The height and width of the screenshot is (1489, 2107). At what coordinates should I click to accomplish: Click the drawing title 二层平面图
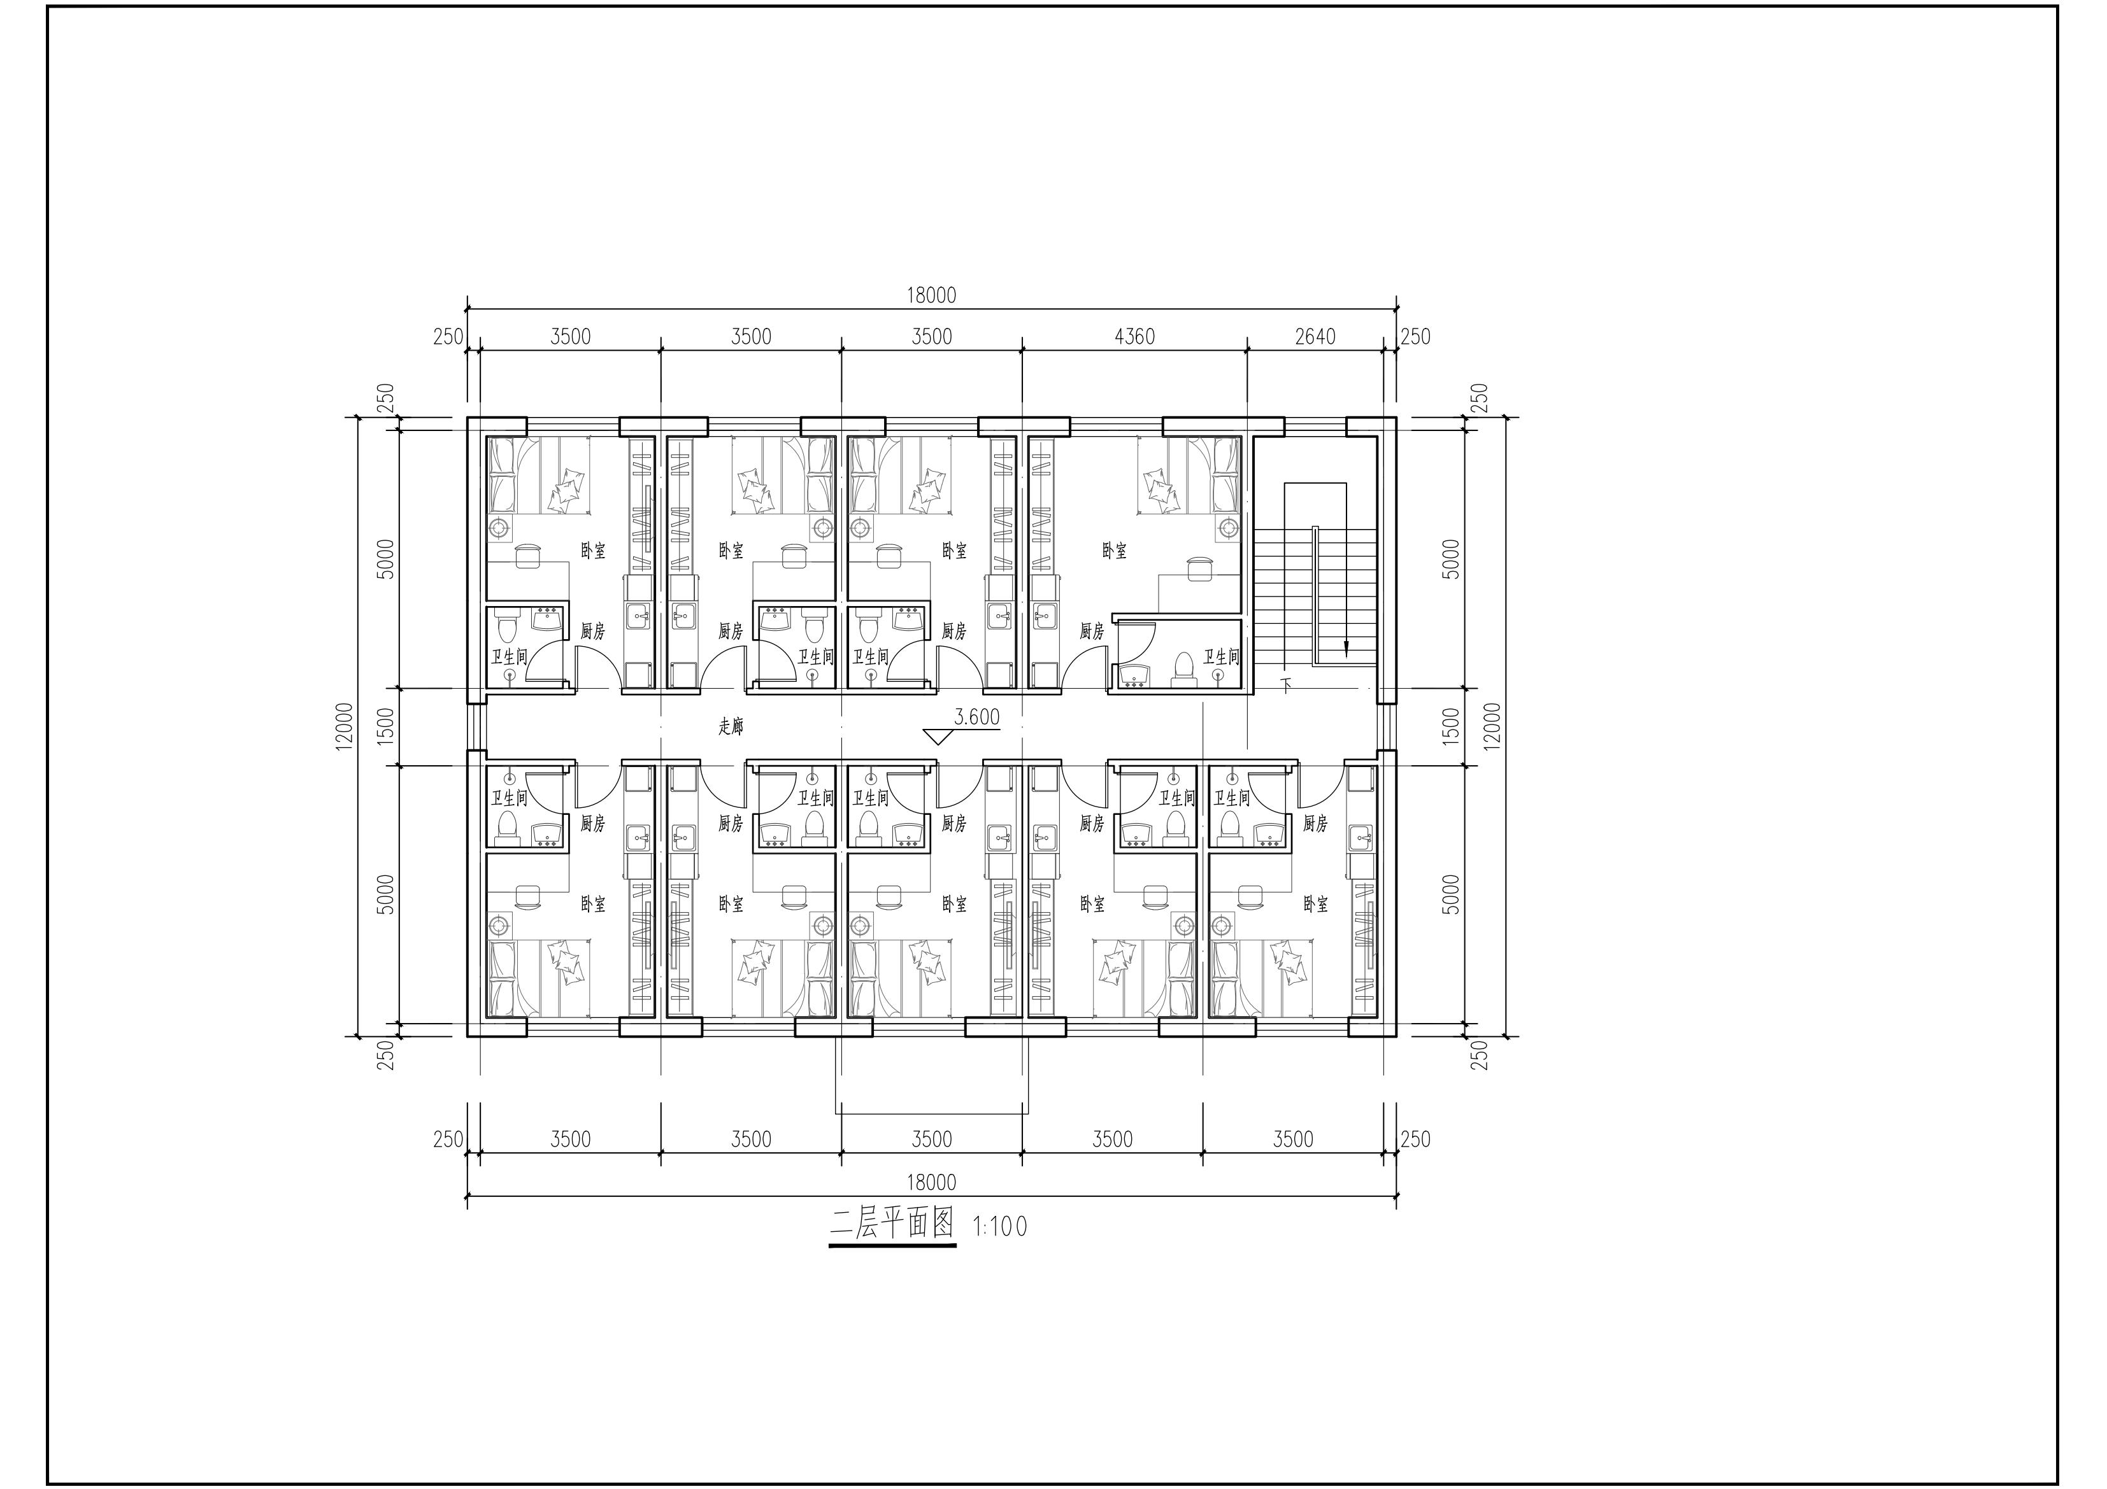coord(892,1224)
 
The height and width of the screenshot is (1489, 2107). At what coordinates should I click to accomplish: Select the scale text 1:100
coord(999,1227)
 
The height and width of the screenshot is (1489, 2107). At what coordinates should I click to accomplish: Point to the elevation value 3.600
coord(976,717)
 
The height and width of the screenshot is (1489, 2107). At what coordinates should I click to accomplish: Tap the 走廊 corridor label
coord(731,726)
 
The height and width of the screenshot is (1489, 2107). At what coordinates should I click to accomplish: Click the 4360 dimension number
coord(1134,337)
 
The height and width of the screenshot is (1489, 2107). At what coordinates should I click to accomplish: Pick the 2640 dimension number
coord(1315,337)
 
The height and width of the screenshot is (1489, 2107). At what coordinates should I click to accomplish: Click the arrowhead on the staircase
coord(1346,649)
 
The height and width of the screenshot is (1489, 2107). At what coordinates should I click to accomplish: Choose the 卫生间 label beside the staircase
coord(1220,657)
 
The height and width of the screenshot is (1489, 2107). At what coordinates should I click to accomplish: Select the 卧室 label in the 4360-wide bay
coord(1114,551)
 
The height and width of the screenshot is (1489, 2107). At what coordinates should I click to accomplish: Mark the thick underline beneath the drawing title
coord(892,1246)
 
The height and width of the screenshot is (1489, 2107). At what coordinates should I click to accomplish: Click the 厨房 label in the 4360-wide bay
coord(1091,632)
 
